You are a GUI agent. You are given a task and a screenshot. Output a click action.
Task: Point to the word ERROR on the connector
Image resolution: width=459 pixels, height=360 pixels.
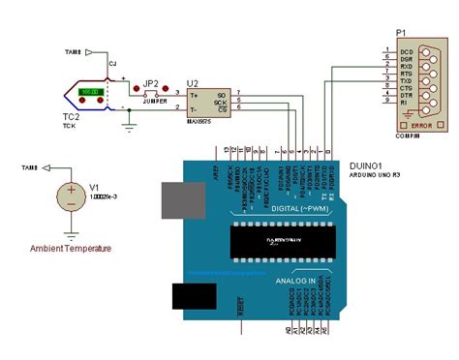[420, 125]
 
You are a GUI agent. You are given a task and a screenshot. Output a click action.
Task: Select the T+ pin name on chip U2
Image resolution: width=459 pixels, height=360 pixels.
[195, 94]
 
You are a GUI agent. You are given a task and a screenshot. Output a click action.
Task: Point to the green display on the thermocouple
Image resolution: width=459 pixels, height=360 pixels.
[93, 92]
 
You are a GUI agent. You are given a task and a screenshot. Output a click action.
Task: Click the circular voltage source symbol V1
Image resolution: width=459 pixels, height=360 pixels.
[70, 196]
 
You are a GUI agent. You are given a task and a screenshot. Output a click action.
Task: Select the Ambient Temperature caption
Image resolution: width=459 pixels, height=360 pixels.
[71, 249]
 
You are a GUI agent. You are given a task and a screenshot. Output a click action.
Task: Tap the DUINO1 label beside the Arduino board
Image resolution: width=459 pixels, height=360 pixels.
[365, 166]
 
